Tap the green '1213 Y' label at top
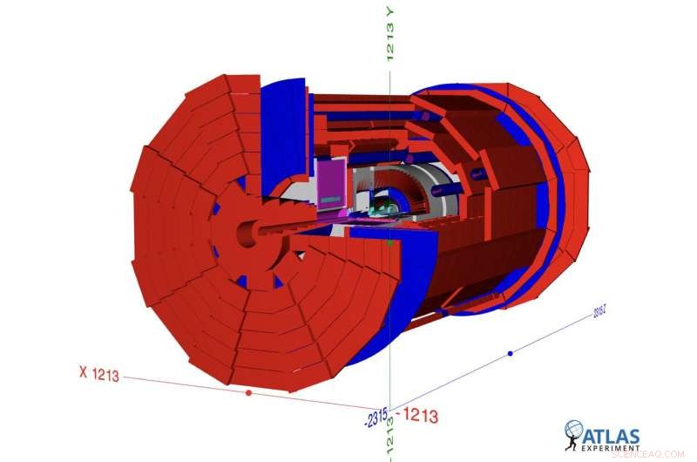pos(391,32)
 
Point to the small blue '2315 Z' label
pos(600,309)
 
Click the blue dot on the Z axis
pos(511,353)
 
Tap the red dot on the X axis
pos(249,393)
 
